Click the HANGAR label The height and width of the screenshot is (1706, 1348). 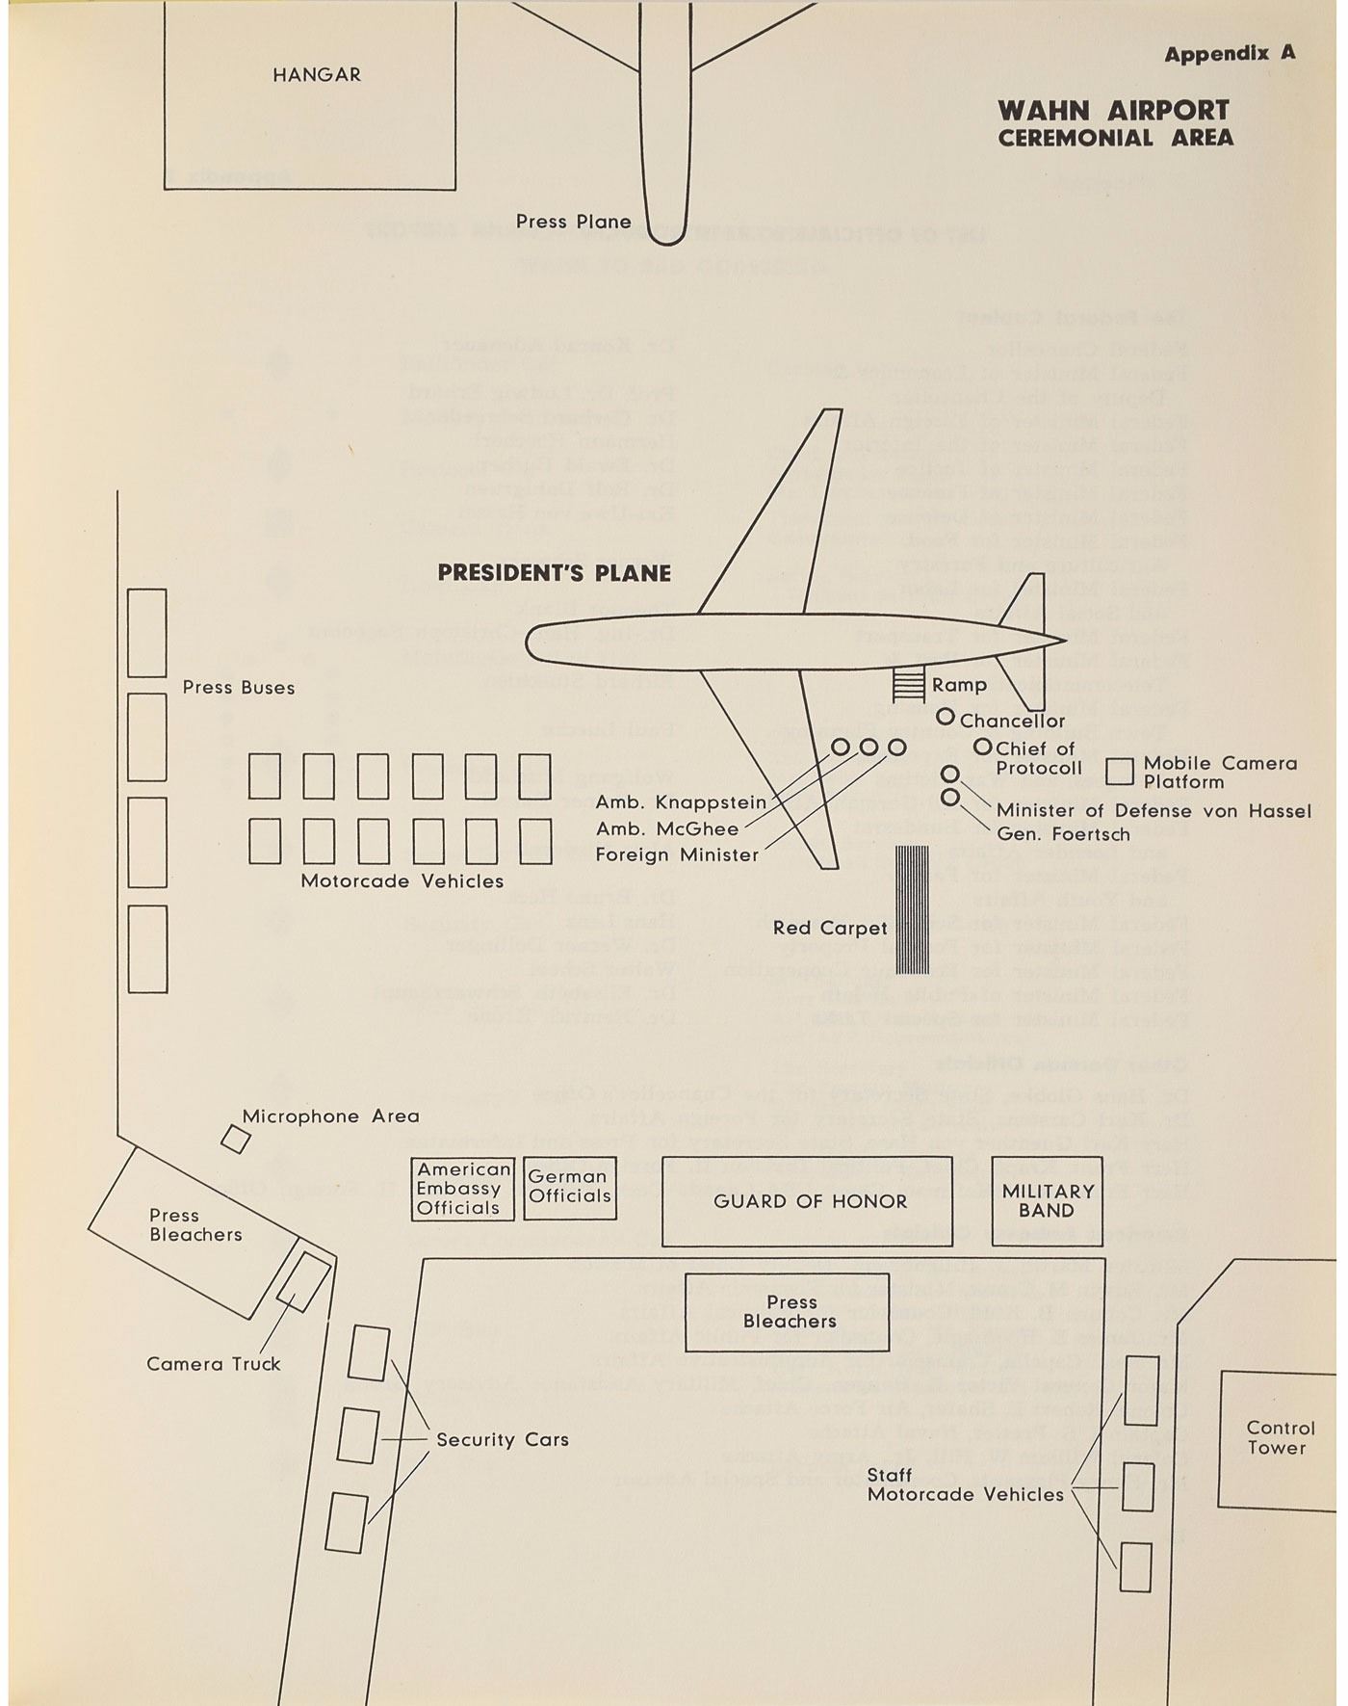click(316, 75)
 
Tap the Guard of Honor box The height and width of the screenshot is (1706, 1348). click(810, 1201)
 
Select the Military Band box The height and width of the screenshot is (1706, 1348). click(1048, 1201)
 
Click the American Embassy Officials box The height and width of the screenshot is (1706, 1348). click(462, 1189)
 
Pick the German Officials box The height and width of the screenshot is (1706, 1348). click(570, 1188)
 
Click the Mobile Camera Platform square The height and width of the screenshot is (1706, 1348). click(1120, 772)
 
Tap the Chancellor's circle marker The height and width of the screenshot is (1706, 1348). click(946, 717)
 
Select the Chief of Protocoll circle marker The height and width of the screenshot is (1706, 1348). click(982, 747)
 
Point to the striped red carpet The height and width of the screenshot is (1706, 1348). click(912, 909)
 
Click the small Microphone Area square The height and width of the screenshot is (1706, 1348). click(236, 1140)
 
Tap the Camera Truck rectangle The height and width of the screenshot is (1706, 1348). click(304, 1282)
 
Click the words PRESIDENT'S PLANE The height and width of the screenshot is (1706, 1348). click(555, 573)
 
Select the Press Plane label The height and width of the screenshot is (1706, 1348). click(574, 222)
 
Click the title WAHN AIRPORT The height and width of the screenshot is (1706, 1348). click(1113, 110)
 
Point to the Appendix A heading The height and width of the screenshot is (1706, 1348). click(1230, 54)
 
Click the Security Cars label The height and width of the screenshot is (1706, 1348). click(503, 1440)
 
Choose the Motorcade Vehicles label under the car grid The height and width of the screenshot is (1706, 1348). click(402, 881)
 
